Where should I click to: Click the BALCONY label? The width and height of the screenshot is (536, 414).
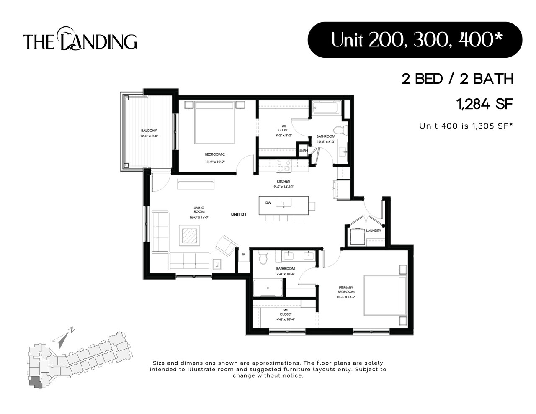click(149, 131)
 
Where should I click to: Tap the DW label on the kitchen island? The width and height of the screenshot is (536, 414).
click(268, 203)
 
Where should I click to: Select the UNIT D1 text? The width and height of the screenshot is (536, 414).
click(238, 214)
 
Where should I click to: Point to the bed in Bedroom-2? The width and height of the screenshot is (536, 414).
click(214, 122)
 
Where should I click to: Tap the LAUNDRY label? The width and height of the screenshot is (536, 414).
click(374, 231)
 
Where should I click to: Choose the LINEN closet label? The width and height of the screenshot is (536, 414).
click(303, 151)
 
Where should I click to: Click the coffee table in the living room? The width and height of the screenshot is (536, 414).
click(190, 236)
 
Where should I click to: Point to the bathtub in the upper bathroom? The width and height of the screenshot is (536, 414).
click(326, 108)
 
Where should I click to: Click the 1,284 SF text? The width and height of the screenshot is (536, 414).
click(485, 104)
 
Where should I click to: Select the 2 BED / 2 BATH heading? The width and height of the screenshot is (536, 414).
click(457, 79)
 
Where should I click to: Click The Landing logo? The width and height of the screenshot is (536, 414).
click(80, 39)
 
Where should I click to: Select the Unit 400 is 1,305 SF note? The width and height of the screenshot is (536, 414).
click(466, 126)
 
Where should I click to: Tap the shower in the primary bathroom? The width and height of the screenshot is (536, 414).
click(267, 288)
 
